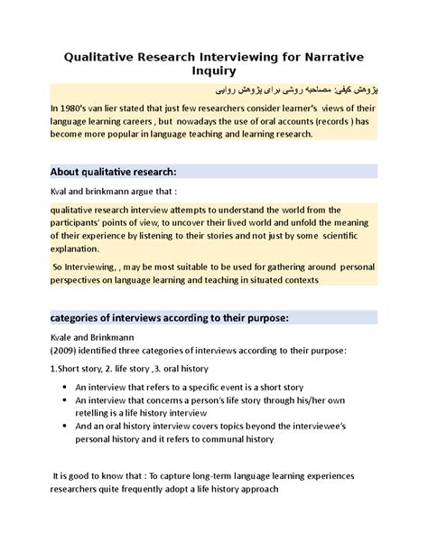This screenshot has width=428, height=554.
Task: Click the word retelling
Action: coord(99,412)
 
